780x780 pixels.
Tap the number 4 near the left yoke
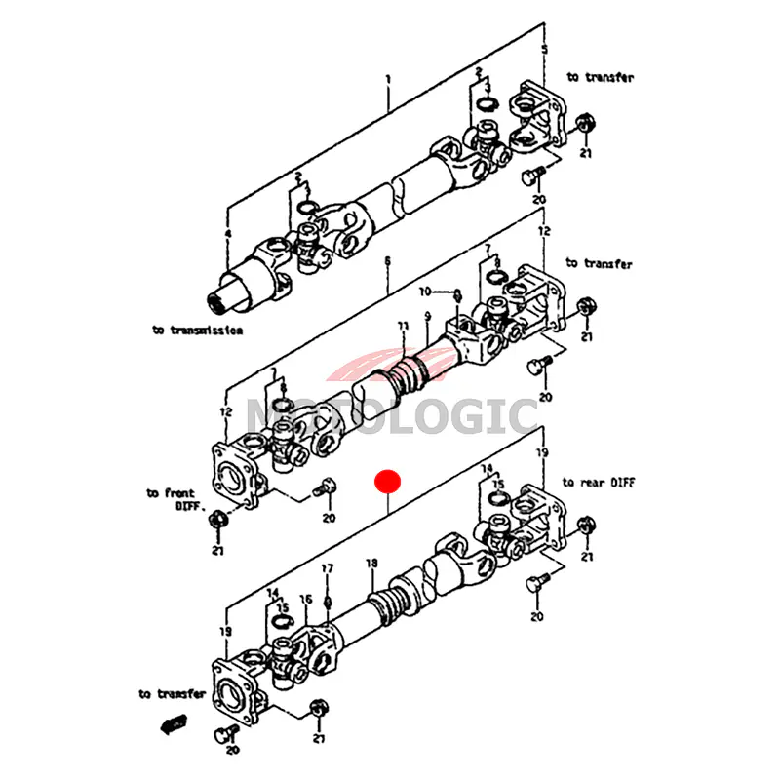(x=227, y=234)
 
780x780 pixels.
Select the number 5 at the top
(x=545, y=49)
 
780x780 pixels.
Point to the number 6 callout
(x=387, y=261)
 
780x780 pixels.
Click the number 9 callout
(x=426, y=316)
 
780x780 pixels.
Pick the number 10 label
(x=425, y=292)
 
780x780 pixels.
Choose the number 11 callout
(x=401, y=325)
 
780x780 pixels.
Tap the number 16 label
(x=305, y=600)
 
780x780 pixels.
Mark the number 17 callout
(x=328, y=568)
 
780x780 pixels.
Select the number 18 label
(x=370, y=564)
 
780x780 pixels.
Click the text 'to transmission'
(x=196, y=331)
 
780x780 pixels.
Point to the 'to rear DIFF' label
(x=597, y=483)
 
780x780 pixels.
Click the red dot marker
(x=388, y=482)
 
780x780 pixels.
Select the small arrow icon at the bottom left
(x=174, y=723)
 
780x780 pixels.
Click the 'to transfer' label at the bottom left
(x=172, y=694)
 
